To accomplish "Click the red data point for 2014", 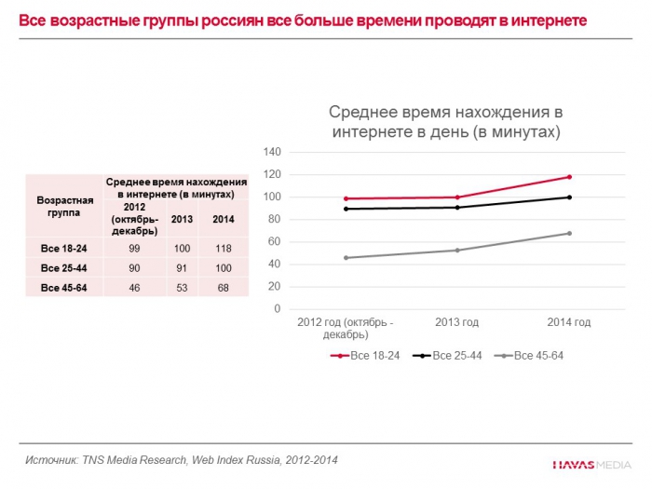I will (569, 177).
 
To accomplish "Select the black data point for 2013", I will (457, 207).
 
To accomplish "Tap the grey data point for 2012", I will (346, 257).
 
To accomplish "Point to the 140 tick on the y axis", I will (272, 152).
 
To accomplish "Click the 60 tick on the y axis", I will (272, 241).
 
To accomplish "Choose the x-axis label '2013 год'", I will (457, 322).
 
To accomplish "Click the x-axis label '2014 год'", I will (569, 322).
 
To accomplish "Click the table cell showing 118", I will (223, 248).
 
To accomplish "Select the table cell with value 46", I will (134, 289).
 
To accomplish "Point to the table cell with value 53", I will (183, 289).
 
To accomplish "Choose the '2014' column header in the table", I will (223, 219).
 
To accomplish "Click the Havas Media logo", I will (592, 463).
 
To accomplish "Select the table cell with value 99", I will (134, 248).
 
